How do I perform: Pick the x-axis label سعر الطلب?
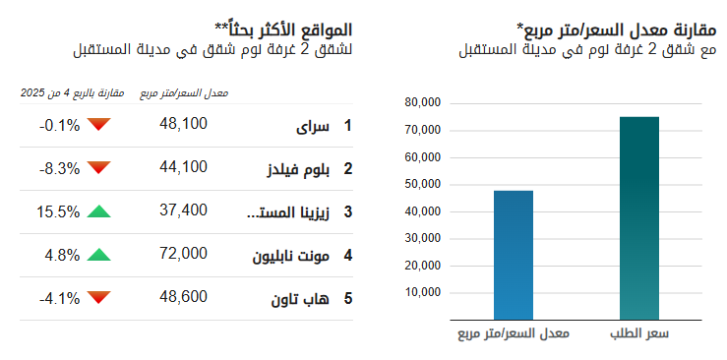(x=638, y=334)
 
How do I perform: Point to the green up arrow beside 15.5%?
(x=98, y=210)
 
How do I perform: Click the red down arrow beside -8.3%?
(x=98, y=168)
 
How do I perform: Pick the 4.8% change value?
(x=62, y=254)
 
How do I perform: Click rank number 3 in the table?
(x=347, y=211)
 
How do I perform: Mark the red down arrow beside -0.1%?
(x=98, y=125)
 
